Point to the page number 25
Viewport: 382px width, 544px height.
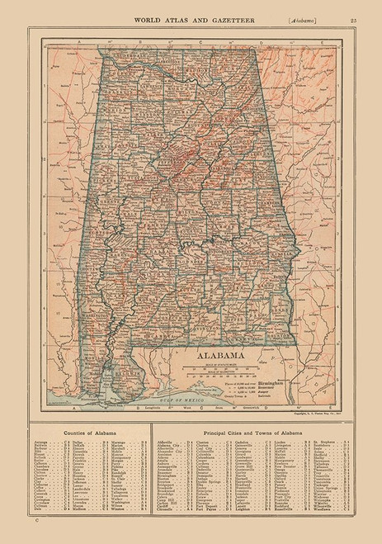353,9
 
